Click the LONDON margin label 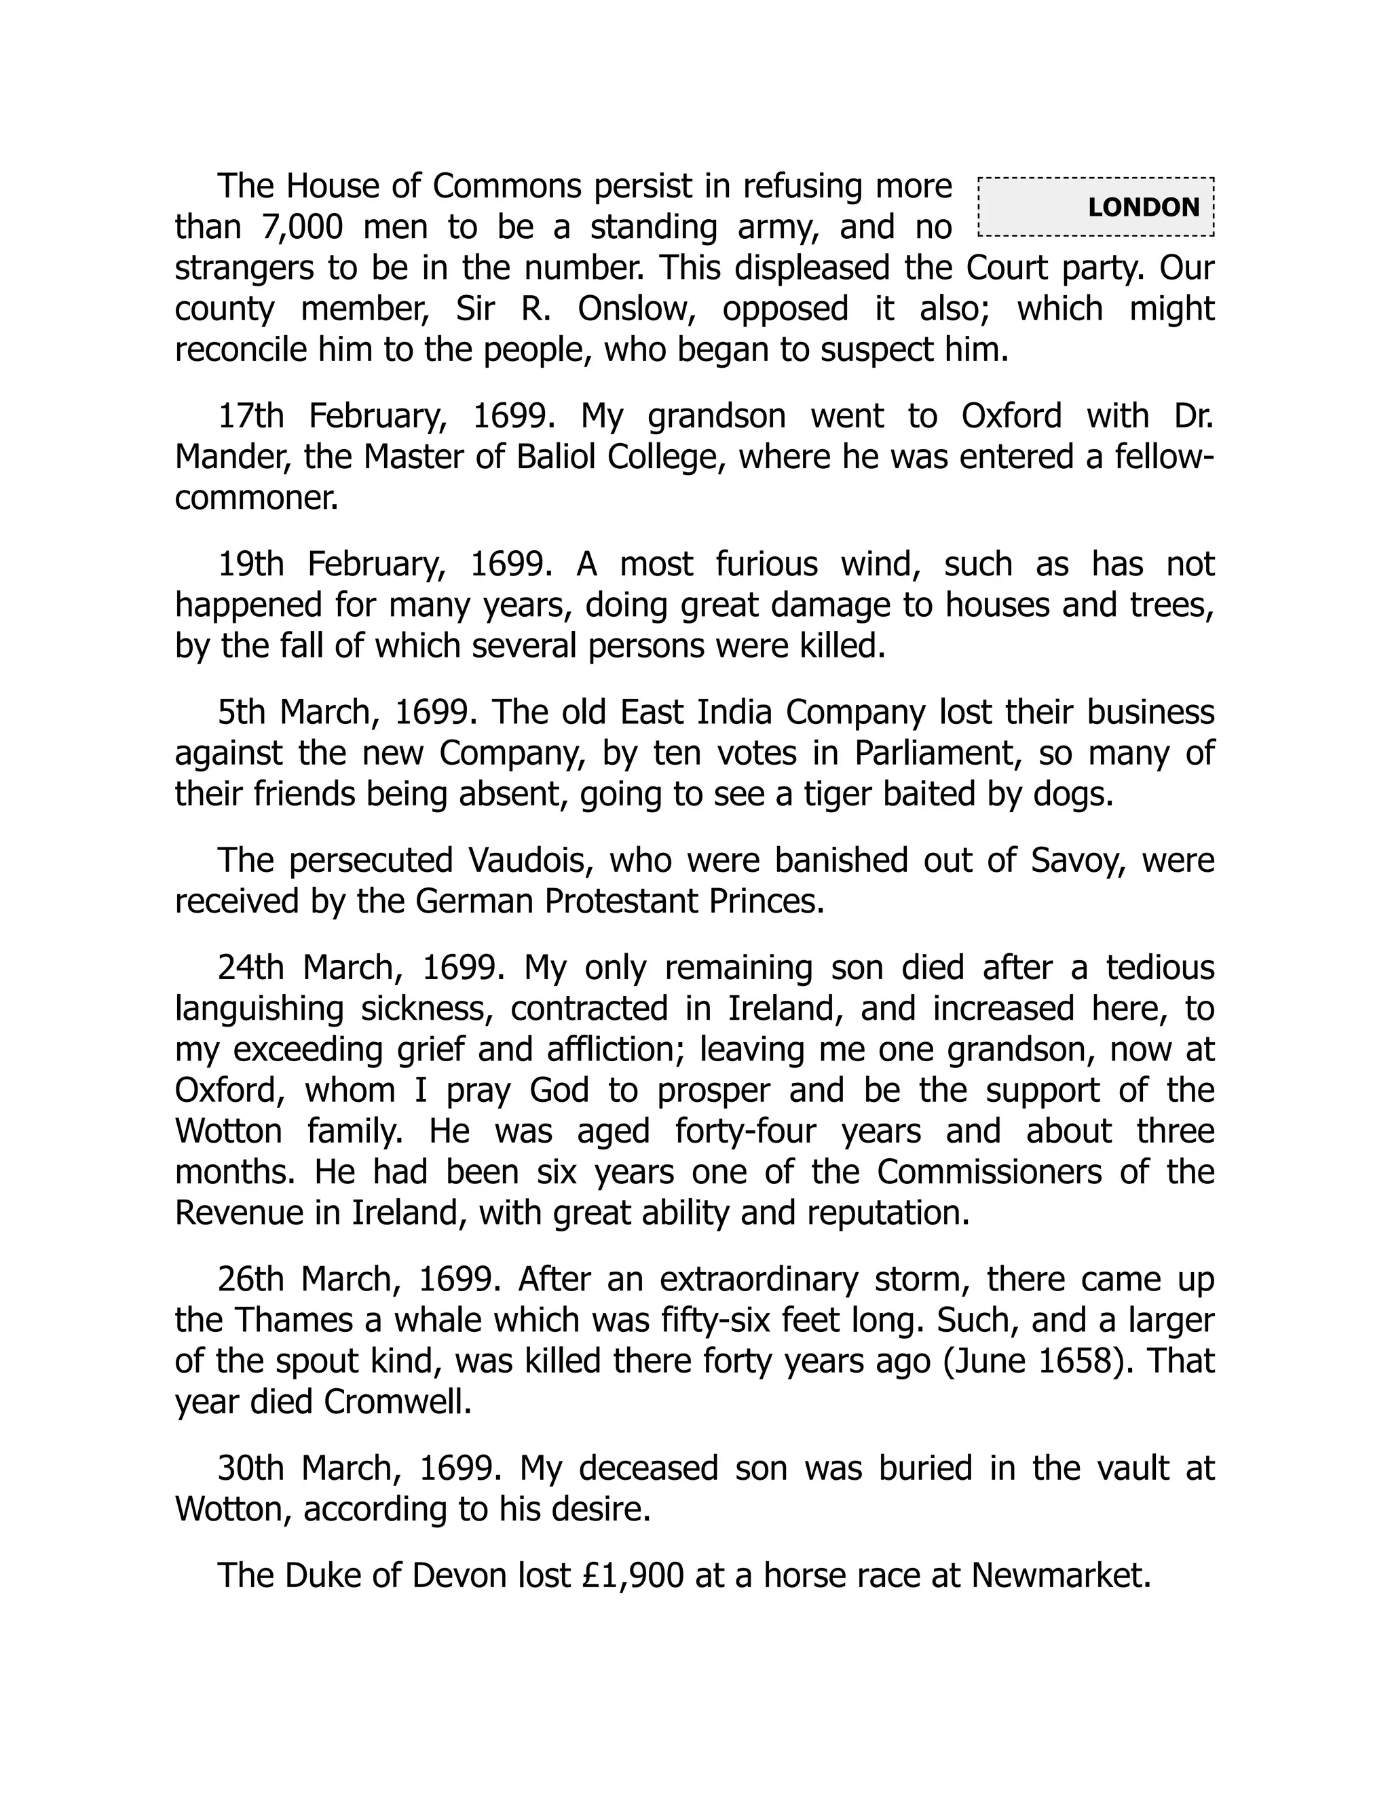tap(1143, 207)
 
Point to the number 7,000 tap(301, 227)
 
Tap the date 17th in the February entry tap(250, 417)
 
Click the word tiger tap(838, 795)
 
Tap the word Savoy tap(1074, 860)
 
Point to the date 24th tap(250, 968)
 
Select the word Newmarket tap(1061, 1575)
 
